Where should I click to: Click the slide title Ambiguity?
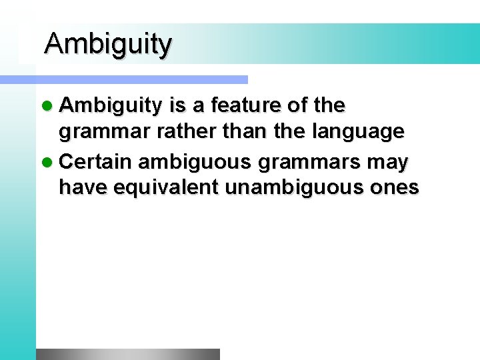(108, 44)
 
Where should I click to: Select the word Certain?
(100, 161)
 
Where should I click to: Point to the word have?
(83, 189)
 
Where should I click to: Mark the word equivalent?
(167, 189)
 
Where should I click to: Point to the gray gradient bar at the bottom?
(127, 354)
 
